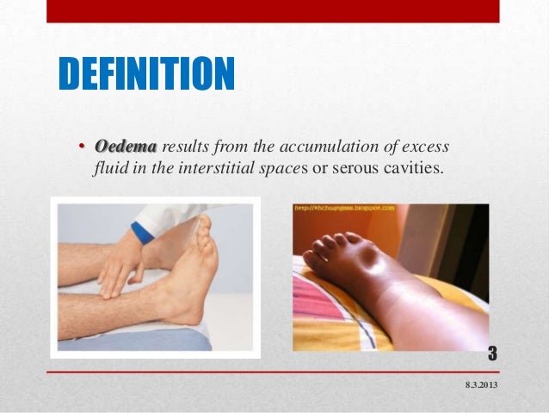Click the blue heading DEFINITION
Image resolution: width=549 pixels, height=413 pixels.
[145, 75]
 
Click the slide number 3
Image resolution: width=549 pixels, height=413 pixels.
[493, 353]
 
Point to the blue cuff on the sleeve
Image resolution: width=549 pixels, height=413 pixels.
[141, 232]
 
